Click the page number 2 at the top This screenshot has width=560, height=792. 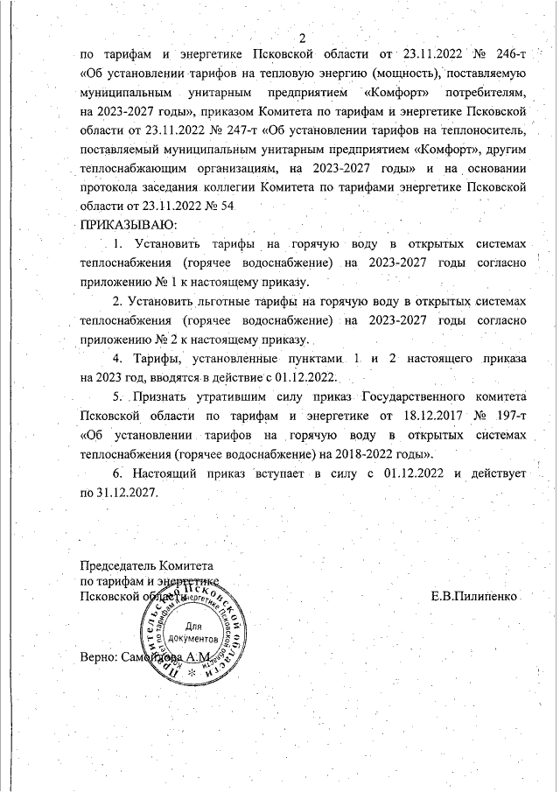tap(301, 38)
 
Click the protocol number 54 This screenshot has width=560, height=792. tap(229, 207)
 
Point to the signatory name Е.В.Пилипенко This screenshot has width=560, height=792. tap(476, 596)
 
